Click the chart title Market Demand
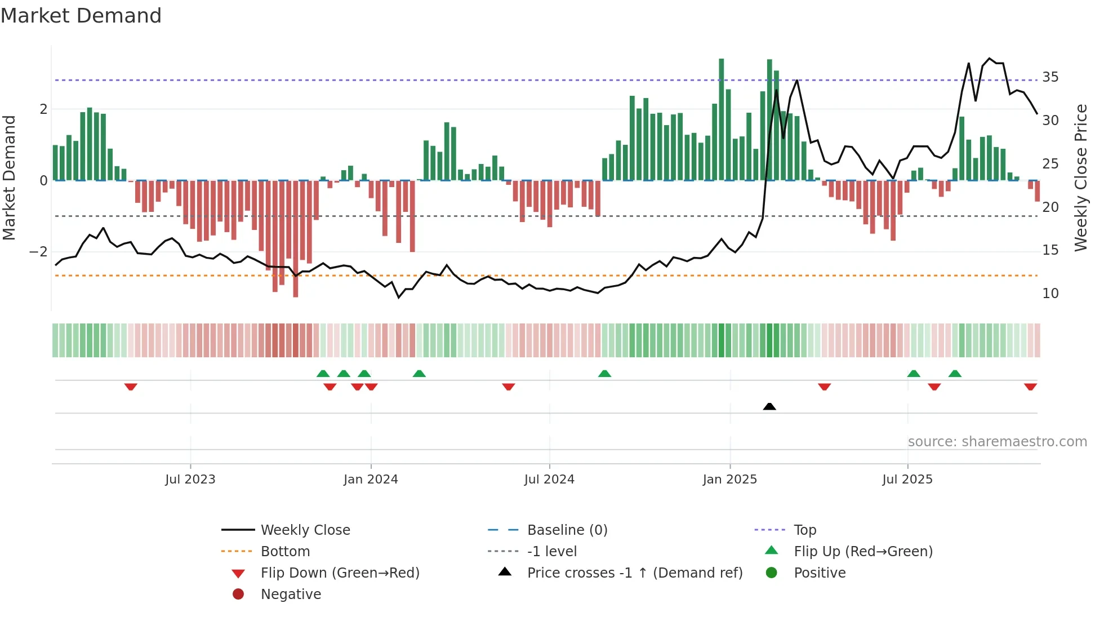point(81,16)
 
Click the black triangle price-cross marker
point(769,406)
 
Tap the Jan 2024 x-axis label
point(371,480)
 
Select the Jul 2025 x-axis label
point(907,480)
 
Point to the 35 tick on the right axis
point(1050,77)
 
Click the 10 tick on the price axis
point(1050,294)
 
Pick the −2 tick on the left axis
point(39,252)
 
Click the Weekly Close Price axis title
point(1080,178)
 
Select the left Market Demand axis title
point(9,178)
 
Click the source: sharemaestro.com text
point(997,442)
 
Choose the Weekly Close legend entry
point(305,530)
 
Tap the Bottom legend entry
point(285,552)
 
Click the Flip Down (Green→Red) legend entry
point(340,573)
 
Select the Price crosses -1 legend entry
point(634,573)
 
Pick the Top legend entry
point(804,530)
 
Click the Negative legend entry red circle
point(238,595)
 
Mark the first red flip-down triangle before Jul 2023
point(131,387)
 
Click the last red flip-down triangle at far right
point(1030,387)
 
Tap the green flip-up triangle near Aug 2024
point(604,374)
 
